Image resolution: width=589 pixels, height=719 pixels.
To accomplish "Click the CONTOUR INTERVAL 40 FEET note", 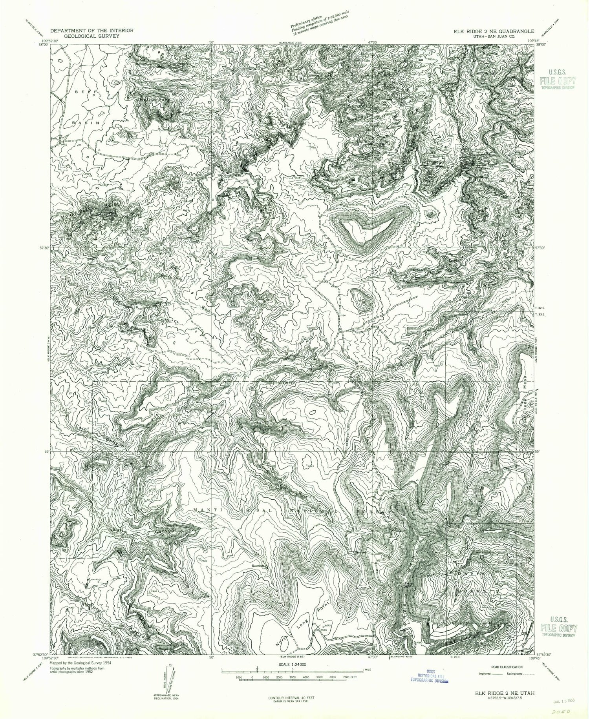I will coord(288,699).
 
